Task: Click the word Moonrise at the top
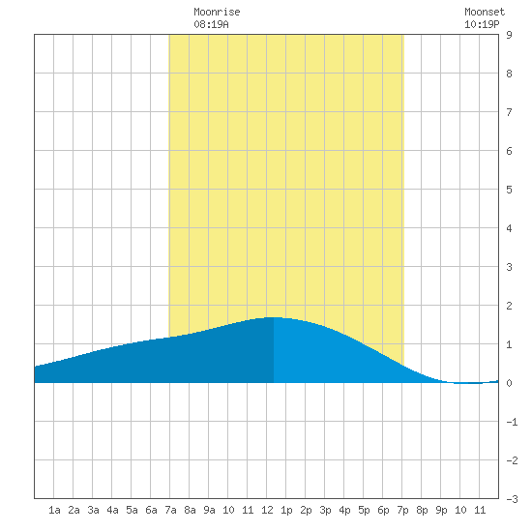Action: point(217,12)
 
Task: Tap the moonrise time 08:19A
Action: point(211,24)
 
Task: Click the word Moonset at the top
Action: point(485,12)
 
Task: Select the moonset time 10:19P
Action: point(482,24)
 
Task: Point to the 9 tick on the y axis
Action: point(509,35)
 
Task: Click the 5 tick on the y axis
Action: point(509,190)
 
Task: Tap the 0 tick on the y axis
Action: point(509,383)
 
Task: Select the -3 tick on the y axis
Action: point(512,499)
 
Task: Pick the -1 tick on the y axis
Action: point(512,422)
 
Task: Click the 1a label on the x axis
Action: point(54,510)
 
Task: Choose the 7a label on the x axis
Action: point(170,510)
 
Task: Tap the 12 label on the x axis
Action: point(267,510)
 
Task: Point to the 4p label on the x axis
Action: point(344,510)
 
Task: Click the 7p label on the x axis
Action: point(402,510)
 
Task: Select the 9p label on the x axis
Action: point(441,510)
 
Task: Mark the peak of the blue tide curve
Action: point(274,317)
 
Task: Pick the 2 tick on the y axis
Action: point(509,306)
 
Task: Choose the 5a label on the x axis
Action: point(132,510)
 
